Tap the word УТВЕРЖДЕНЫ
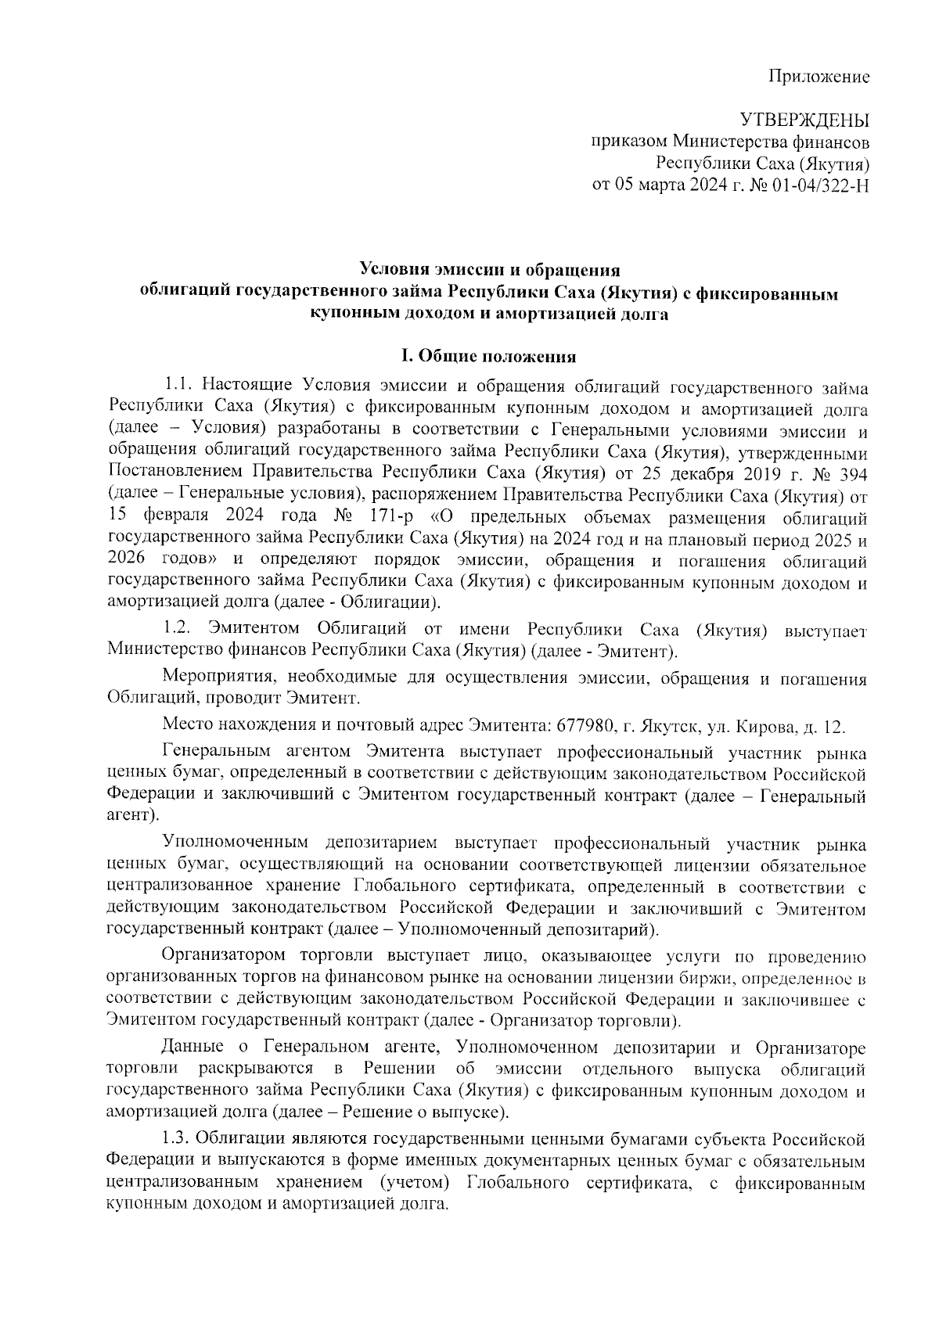pos(805,120)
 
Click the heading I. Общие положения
pos(488,357)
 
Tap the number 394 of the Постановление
pos(849,474)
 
